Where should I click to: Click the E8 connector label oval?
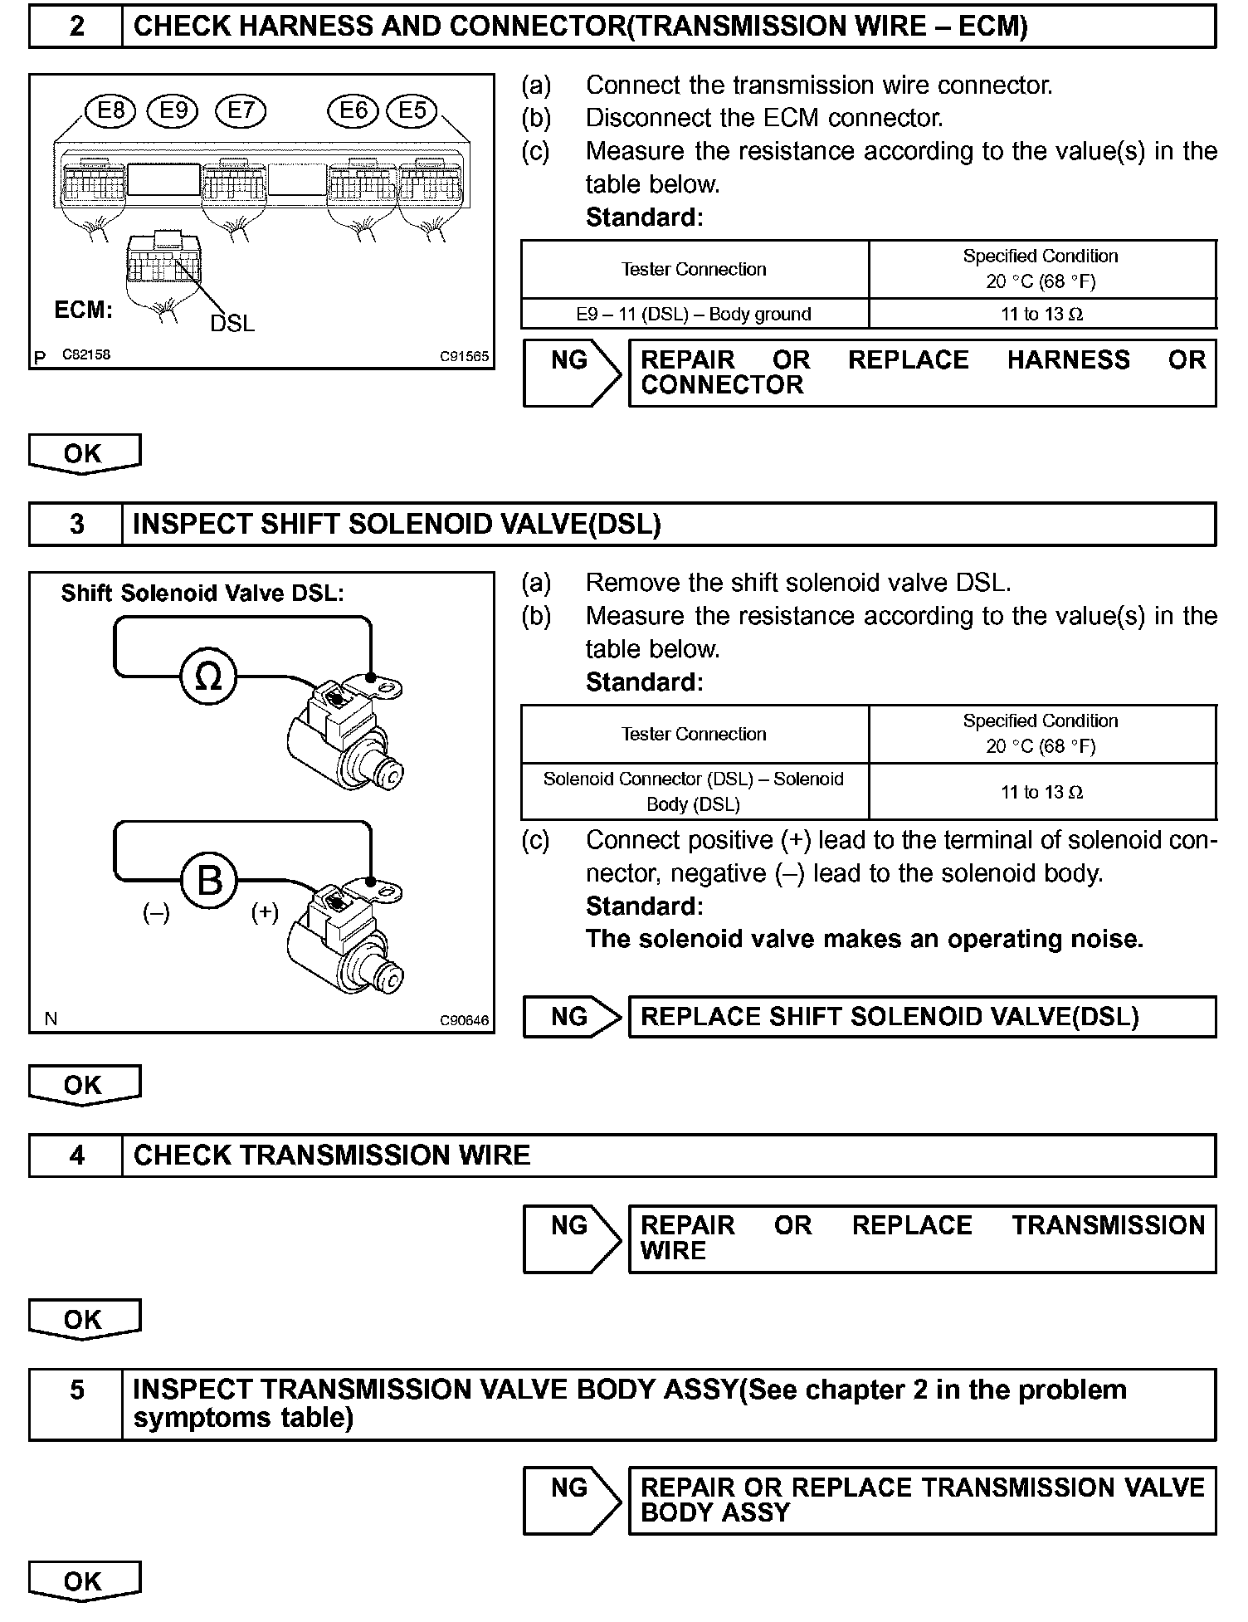tap(110, 110)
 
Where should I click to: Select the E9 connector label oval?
tap(173, 110)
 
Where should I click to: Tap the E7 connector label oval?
tap(240, 110)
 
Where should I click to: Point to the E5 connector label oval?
tap(412, 110)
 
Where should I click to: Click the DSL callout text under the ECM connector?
tap(232, 323)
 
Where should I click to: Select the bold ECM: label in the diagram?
tap(83, 310)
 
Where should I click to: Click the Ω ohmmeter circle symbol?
tap(208, 677)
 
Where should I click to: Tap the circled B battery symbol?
tap(208, 880)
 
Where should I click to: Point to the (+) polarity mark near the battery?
tap(265, 912)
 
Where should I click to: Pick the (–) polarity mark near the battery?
tap(156, 912)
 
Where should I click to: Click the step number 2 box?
tap(76, 27)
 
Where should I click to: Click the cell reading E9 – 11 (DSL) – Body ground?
tap(694, 314)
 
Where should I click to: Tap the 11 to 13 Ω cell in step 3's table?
tap(1041, 792)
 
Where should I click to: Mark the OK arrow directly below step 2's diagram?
tap(84, 453)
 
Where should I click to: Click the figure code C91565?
tap(464, 357)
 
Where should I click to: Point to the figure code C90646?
tap(464, 1021)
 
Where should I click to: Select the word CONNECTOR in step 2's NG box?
tap(722, 385)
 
